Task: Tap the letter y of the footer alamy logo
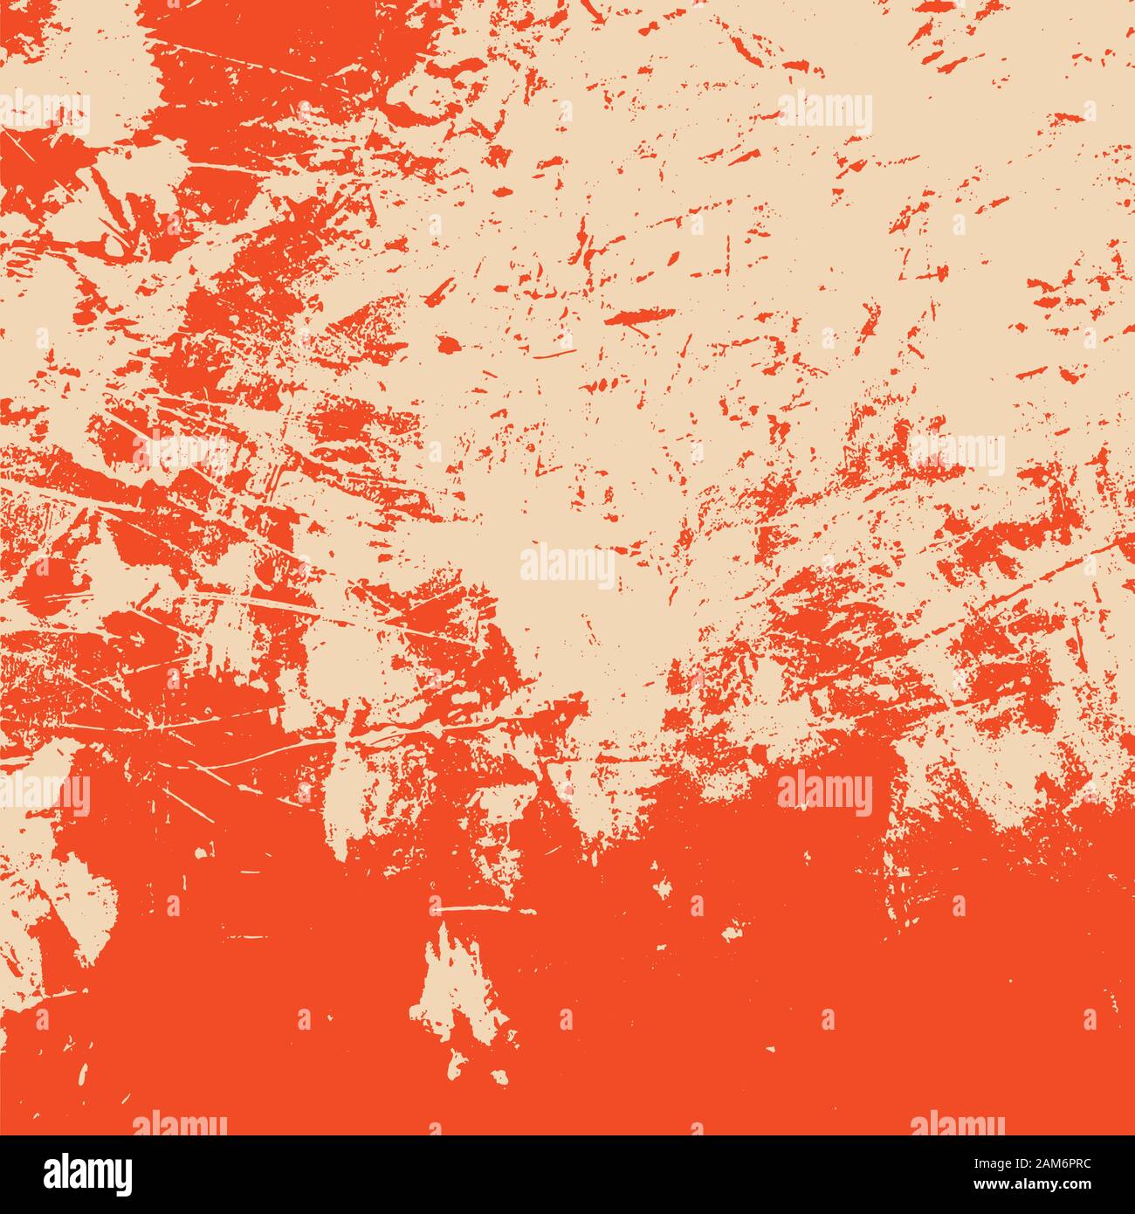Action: point(125,1175)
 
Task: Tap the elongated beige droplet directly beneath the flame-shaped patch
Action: point(456,1064)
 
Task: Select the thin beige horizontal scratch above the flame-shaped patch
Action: point(471,909)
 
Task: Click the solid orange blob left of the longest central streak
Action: point(448,344)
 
